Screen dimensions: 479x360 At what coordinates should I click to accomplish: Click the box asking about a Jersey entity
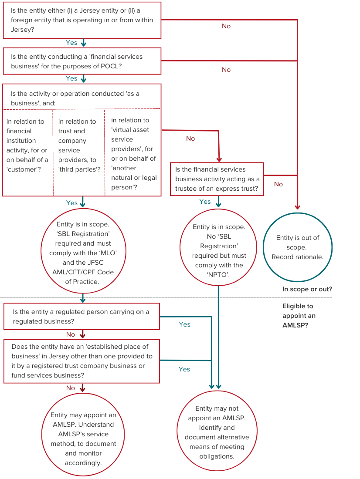[82, 20]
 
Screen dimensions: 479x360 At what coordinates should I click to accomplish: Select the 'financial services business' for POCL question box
[82, 61]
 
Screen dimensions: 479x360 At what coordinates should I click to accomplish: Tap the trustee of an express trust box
[217, 179]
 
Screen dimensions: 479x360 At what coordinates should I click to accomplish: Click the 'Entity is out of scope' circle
[298, 247]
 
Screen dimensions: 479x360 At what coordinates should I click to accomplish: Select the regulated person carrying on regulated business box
[82, 317]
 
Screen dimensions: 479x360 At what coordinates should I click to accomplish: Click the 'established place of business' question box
[82, 361]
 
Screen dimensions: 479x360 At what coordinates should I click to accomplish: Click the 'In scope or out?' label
[307, 289]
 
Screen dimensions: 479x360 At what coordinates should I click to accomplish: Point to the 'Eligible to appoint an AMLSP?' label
[299, 316]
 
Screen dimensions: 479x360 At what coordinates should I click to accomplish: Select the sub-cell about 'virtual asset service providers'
[133, 154]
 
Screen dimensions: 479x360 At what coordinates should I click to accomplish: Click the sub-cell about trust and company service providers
[78, 145]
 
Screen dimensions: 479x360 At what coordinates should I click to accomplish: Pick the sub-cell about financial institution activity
[27, 145]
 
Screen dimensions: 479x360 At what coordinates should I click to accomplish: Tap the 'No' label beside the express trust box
[278, 184]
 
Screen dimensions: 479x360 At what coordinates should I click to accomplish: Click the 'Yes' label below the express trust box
[205, 202]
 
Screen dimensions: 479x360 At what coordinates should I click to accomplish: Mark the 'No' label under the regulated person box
[71, 334]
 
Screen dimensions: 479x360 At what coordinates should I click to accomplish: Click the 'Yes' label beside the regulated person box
[185, 324]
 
